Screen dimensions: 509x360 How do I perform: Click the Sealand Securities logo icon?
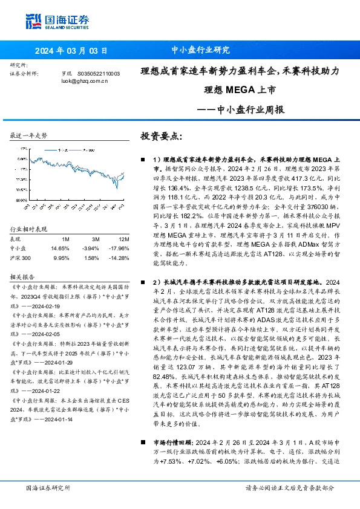click(x=33, y=19)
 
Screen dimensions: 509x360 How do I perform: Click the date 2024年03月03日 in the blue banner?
click(x=71, y=50)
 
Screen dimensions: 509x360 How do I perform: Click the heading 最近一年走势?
click(x=28, y=136)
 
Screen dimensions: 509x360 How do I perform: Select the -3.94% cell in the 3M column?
click(x=91, y=231)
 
